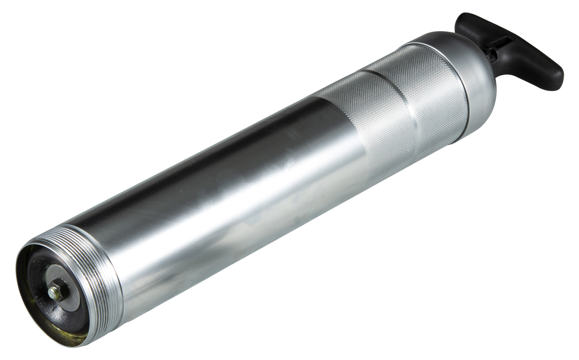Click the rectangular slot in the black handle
(501, 42)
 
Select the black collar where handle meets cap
(490, 55)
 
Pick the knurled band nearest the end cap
(430, 96)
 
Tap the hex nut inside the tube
(57, 292)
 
